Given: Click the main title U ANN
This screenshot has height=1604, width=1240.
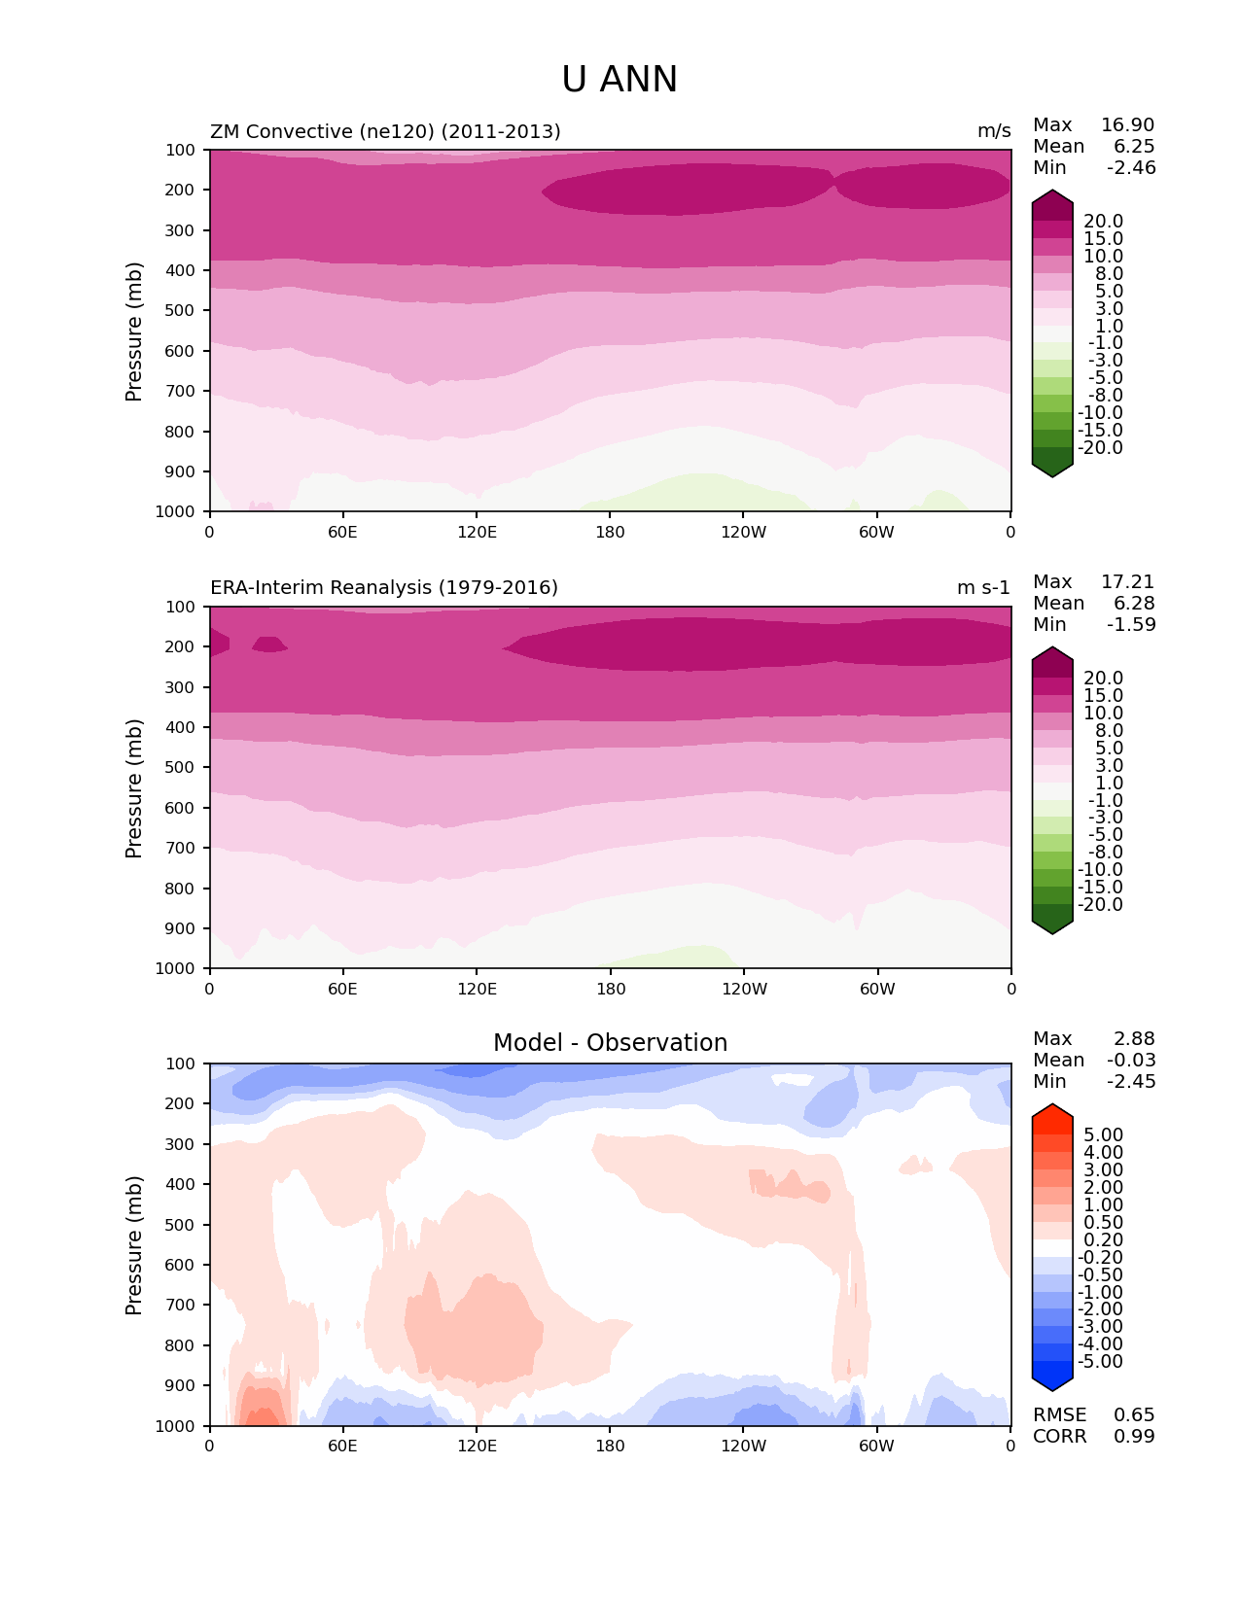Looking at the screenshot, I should [x=620, y=80].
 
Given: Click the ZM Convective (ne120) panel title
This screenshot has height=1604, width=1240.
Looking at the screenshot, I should [x=385, y=131].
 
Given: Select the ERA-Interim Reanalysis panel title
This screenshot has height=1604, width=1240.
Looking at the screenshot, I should [x=384, y=588].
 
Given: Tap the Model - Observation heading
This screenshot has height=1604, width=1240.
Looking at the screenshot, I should [x=610, y=1043].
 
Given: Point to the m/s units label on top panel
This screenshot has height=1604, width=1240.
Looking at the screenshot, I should [x=994, y=131].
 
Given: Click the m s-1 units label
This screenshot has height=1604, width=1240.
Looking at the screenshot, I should [x=983, y=588].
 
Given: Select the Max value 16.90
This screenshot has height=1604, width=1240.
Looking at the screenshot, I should [x=1127, y=125].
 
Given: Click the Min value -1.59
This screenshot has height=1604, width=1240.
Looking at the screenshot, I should [x=1131, y=625].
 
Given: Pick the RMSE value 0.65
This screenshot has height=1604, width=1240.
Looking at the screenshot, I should [x=1134, y=1415].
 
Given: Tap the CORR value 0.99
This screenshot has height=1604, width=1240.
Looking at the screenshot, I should [x=1134, y=1437].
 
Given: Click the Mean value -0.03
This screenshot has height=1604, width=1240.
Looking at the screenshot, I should [x=1131, y=1061].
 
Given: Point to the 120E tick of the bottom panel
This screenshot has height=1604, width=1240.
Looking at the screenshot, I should [x=477, y=1446].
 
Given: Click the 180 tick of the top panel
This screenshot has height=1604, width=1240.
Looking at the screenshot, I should [x=610, y=532].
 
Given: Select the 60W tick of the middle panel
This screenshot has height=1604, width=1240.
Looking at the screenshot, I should [x=877, y=989].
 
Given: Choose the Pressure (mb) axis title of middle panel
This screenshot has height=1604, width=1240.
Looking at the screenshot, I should [x=134, y=787].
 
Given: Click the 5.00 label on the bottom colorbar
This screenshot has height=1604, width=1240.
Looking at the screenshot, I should [x=1103, y=1135].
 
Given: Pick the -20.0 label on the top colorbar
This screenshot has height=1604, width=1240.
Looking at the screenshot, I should [x=1101, y=448].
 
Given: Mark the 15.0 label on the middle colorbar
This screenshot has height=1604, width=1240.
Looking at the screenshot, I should [x=1103, y=696].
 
